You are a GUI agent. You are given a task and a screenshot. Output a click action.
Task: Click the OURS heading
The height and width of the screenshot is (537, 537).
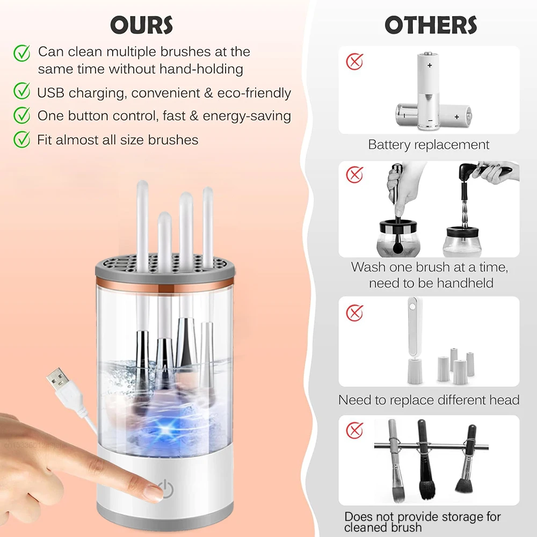(x=141, y=25)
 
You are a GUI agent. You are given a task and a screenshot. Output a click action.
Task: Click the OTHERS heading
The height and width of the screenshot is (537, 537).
(x=431, y=25)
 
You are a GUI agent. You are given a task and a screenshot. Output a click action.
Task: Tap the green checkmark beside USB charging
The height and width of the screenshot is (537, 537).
(x=21, y=92)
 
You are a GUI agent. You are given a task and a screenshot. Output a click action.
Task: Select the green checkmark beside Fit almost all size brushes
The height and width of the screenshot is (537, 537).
(x=21, y=140)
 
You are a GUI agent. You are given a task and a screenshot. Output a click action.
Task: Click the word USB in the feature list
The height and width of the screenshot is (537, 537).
(x=51, y=93)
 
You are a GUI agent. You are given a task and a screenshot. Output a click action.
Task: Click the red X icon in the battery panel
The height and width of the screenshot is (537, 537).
(x=354, y=61)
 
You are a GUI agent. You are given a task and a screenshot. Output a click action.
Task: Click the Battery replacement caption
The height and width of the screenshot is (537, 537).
(x=429, y=144)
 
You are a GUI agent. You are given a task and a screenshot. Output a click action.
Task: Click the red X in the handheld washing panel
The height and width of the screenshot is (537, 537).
(x=354, y=175)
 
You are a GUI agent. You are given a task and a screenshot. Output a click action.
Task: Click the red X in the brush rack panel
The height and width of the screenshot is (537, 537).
(x=354, y=430)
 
